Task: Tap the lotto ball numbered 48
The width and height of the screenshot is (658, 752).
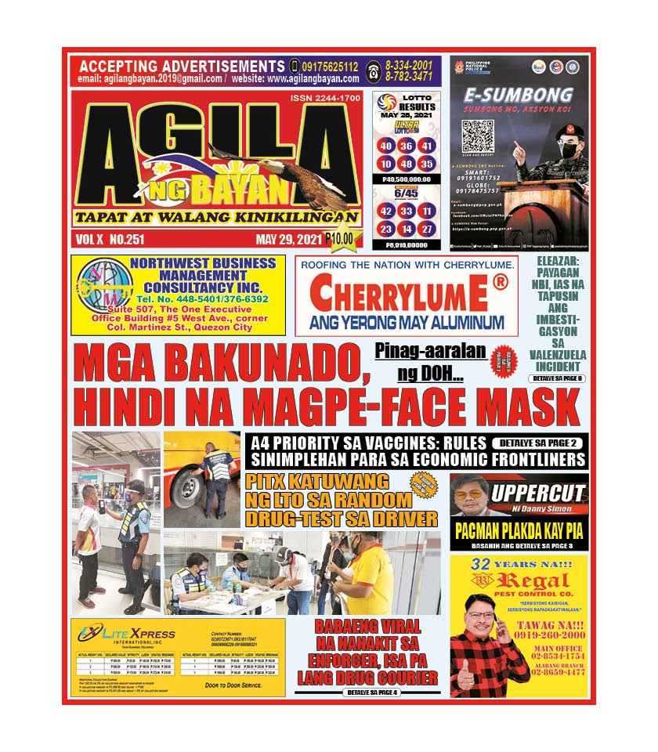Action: [x=406, y=164]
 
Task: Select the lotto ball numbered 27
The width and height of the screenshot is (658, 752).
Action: [x=427, y=229]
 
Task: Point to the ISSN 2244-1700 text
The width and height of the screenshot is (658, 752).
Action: [x=325, y=98]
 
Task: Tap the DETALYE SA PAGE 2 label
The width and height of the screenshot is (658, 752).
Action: [x=537, y=443]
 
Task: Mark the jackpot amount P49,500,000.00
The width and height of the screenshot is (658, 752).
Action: [x=405, y=179]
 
